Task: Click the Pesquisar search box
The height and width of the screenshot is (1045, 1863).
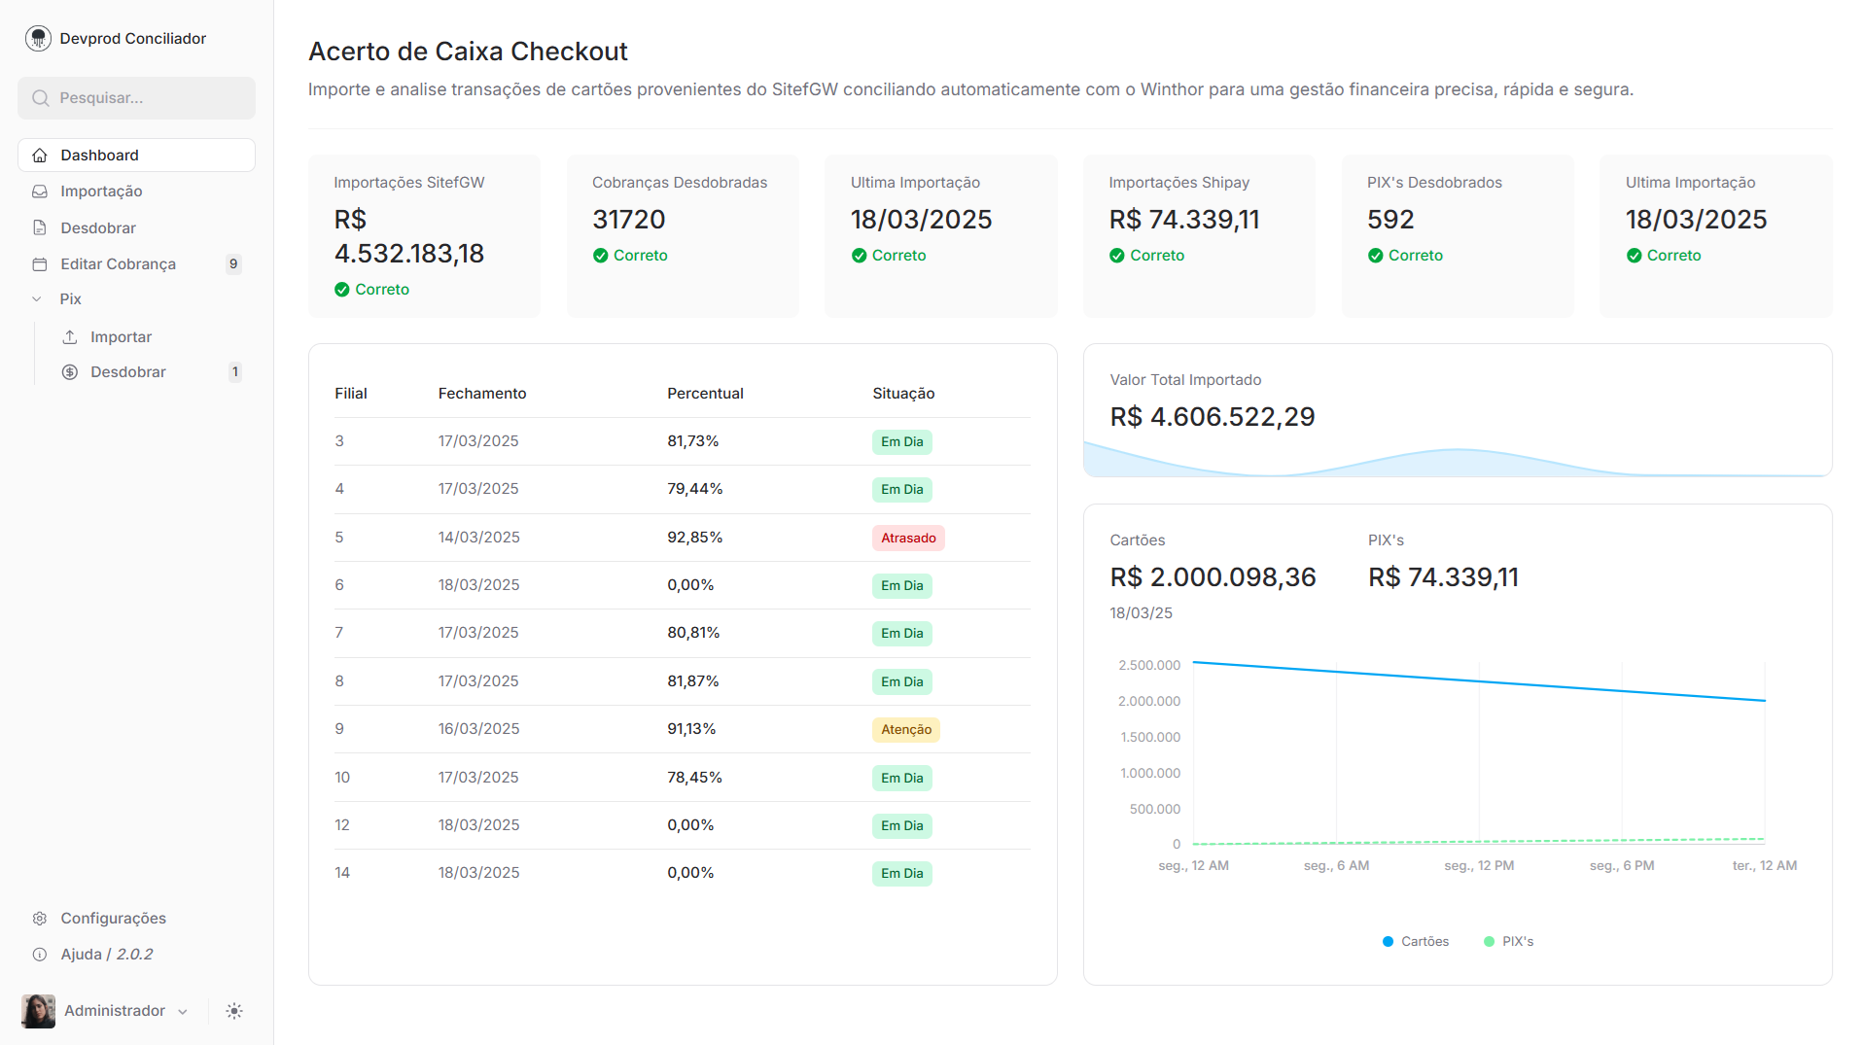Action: coord(136,98)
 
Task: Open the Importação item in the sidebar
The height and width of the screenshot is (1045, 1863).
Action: coord(101,192)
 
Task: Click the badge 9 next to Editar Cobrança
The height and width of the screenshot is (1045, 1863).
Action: coord(233,264)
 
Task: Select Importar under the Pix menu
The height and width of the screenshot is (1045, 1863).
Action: coord(121,337)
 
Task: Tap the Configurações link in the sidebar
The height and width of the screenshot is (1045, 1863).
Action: coord(113,919)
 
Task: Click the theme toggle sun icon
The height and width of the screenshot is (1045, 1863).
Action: coord(234,1011)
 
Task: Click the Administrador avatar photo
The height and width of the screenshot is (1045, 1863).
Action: coord(38,1011)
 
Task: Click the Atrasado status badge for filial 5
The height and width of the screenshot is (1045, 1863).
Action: coord(907,539)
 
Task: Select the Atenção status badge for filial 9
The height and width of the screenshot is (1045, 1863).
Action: coord(905,730)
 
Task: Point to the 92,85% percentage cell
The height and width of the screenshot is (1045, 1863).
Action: coord(694,538)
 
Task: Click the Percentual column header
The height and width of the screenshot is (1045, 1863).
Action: coord(705,394)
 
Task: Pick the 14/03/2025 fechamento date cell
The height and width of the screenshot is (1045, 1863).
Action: coord(478,538)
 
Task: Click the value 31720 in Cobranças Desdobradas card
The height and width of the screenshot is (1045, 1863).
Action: coord(628,220)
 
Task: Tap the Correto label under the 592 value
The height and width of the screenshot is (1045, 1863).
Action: coord(1415,256)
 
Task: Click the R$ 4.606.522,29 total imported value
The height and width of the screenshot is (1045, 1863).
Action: coord(1212,417)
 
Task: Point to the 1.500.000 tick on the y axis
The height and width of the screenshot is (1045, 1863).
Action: coord(1149,738)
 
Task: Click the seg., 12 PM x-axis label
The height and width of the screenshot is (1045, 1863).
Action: coord(1478,866)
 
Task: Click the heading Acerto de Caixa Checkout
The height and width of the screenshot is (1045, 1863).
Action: coord(468,52)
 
